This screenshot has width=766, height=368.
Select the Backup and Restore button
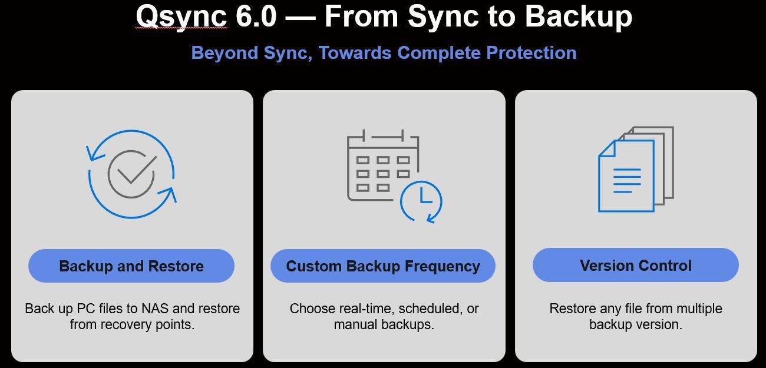131,266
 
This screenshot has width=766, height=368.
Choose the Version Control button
635,266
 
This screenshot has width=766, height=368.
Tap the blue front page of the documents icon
626,176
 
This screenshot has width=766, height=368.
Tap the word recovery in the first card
126,324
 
